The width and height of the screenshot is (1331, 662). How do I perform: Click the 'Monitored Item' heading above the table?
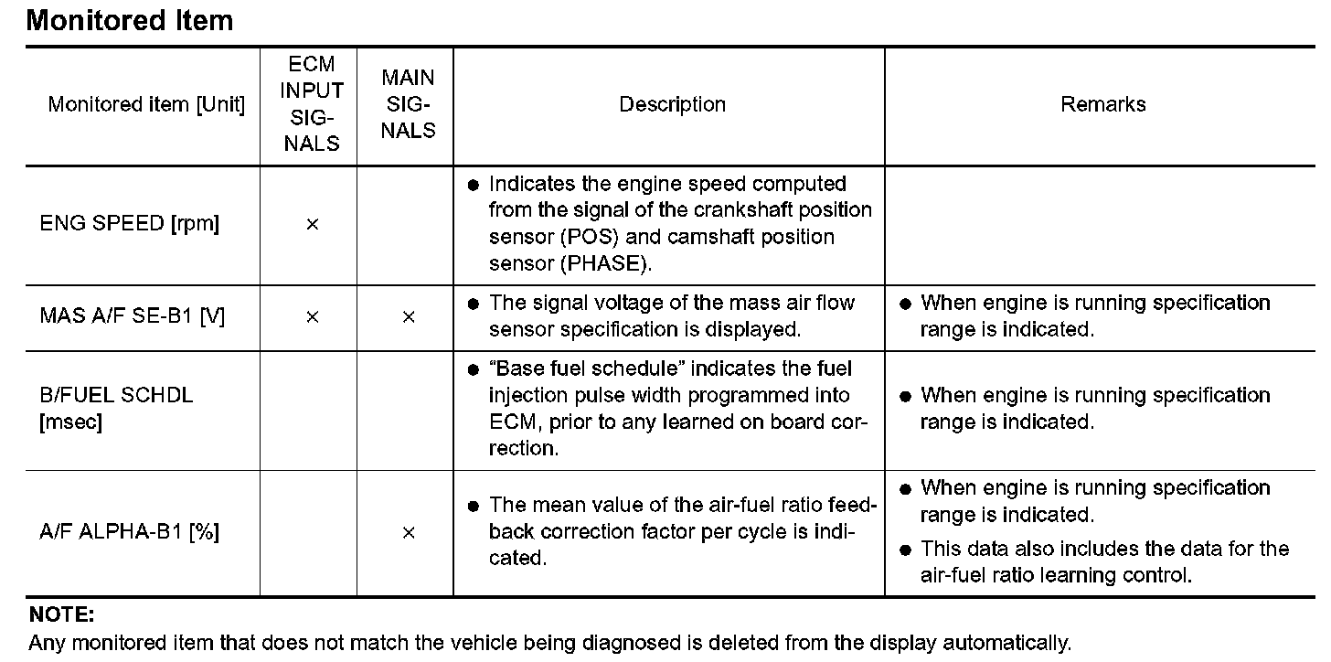(x=130, y=20)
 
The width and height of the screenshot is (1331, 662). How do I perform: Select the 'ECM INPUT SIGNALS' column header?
(x=312, y=104)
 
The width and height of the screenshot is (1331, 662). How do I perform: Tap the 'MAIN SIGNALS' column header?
(x=408, y=104)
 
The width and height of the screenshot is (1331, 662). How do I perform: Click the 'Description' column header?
(x=672, y=104)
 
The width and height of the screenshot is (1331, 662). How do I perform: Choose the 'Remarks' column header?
(x=1102, y=104)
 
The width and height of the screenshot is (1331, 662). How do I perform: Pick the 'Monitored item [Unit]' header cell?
(x=146, y=104)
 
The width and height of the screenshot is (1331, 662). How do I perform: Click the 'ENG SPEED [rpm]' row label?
(x=130, y=224)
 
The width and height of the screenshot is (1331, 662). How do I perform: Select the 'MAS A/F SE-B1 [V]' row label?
(x=133, y=316)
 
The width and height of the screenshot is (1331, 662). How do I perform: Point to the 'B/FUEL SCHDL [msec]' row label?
(x=116, y=409)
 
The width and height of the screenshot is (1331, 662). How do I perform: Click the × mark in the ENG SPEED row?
(x=312, y=224)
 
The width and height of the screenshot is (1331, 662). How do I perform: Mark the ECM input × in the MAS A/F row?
(x=312, y=316)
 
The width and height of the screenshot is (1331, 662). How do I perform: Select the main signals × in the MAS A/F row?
(x=408, y=316)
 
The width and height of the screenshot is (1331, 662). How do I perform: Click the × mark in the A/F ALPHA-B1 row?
(x=408, y=532)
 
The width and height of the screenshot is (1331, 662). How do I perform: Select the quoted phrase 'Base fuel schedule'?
(x=585, y=368)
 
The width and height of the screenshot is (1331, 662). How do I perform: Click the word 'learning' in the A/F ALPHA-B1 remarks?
(x=1080, y=575)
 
